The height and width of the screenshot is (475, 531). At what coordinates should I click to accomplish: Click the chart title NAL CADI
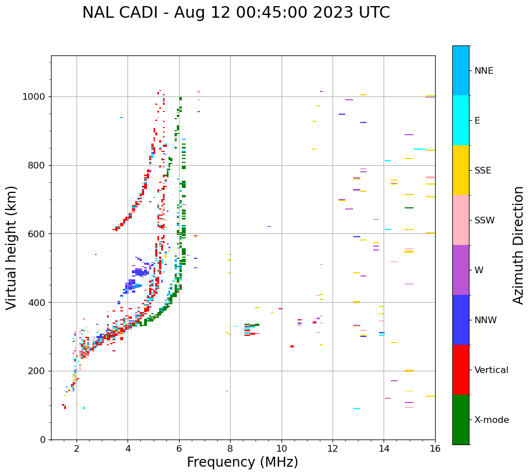click(236, 13)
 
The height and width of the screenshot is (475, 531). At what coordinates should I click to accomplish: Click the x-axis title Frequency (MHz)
click(242, 462)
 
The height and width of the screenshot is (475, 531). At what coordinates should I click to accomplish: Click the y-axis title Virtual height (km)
click(12, 248)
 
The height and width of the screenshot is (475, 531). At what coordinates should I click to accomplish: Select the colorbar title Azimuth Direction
click(518, 245)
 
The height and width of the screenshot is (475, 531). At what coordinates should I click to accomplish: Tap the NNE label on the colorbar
click(483, 71)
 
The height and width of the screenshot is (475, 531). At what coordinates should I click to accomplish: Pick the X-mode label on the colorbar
click(491, 420)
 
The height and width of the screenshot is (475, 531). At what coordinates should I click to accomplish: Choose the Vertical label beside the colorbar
click(491, 370)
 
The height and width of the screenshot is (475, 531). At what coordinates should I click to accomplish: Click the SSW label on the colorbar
click(484, 221)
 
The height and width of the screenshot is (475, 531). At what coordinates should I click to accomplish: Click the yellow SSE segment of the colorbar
click(461, 170)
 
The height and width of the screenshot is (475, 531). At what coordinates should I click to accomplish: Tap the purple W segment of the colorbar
click(461, 270)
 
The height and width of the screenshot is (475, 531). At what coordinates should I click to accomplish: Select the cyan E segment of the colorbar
click(461, 120)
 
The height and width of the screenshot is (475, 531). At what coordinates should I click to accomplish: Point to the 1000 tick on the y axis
click(36, 96)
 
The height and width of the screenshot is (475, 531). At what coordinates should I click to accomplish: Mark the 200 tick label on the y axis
click(38, 371)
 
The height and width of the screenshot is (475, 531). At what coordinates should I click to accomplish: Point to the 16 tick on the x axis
click(435, 448)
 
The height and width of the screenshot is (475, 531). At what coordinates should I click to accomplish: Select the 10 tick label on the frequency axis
click(282, 448)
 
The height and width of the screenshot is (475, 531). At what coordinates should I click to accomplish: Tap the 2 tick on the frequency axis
click(76, 448)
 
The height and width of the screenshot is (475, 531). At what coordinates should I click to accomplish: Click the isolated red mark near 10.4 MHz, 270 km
click(292, 346)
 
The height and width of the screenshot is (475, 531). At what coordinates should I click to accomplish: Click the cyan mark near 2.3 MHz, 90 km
click(84, 408)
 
